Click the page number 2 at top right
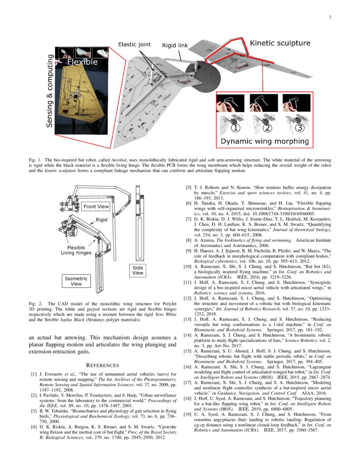tap(330, 17)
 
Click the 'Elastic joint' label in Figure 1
tap(134, 44)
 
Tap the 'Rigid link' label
tap(175, 45)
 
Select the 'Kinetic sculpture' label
tap(280, 43)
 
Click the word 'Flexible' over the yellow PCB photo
tap(82, 62)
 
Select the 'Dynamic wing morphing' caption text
tap(264, 141)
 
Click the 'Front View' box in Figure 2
tap(96, 207)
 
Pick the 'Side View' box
tap(138, 270)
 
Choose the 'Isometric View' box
tap(76, 281)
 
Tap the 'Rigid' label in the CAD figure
tap(102, 220)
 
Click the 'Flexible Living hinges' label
tap(76, 250)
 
